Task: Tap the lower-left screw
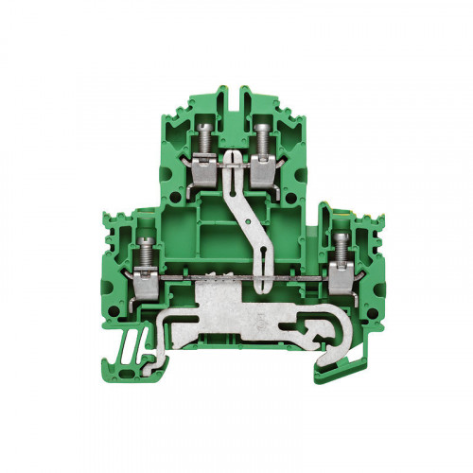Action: pos(147,248)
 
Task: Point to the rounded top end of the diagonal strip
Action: pos(232,152)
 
